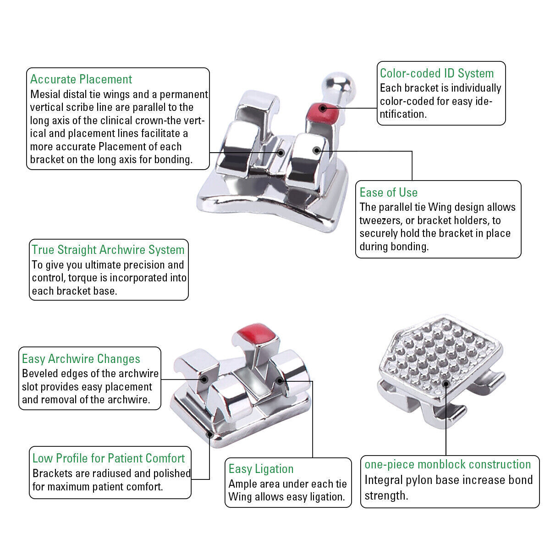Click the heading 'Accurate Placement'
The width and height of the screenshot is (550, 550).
tap(81, 79)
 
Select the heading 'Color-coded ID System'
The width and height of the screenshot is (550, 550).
tap(437, 73)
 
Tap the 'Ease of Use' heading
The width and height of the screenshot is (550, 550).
tap(389, 192)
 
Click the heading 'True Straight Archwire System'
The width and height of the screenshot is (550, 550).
tap(108, 250)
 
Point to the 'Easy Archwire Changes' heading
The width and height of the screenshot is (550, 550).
tap(81, 359)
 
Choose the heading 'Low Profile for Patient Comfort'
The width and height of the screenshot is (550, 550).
tap(109, 458)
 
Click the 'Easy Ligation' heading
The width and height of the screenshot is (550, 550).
tap(261, 469)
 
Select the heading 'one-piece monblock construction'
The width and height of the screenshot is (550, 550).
tap(447, 464)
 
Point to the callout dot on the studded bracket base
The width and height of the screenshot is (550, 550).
tap(446, 384)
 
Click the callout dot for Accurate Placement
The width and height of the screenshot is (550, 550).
tap(281, 153)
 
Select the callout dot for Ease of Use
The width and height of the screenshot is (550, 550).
tap(316, 150)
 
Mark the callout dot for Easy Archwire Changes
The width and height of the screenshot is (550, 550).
tap(204, 379)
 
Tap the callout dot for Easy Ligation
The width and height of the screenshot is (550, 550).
tap(280, 380)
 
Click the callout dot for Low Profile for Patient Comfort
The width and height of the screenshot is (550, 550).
tap(210, 434)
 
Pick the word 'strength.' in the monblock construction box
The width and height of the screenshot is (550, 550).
tap(386, 496)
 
